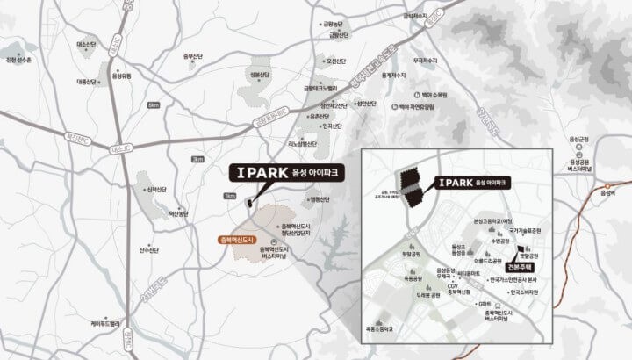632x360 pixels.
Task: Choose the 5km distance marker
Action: coord(154,104)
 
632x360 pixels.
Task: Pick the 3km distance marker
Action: coord(197,159)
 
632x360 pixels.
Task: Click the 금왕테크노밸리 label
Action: coord(320,88)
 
